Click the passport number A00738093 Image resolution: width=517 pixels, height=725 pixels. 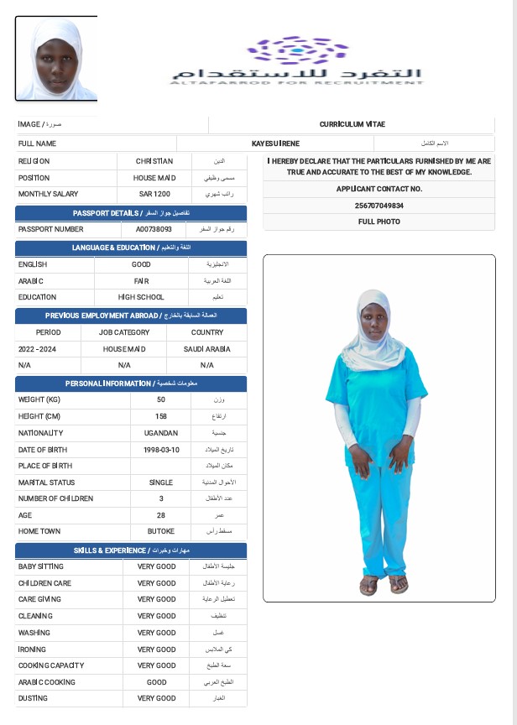154,228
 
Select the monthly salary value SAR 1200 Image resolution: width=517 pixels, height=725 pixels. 154,194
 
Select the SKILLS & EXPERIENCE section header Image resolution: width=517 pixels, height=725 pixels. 132,550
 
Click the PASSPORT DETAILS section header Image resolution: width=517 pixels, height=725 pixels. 132,213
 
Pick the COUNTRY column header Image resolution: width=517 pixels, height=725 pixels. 207,332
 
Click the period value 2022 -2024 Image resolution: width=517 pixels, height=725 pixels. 37,348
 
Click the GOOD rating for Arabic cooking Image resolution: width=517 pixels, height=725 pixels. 156,682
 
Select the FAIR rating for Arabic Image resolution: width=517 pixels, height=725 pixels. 141,281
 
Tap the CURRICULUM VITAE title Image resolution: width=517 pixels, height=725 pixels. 352,124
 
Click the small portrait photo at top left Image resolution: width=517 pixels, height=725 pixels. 56,58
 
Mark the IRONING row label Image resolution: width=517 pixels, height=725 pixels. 34,649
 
